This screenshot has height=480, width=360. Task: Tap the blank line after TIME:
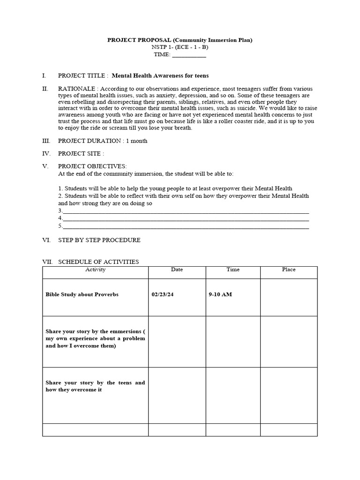pyautogui.click(x=189, y=55)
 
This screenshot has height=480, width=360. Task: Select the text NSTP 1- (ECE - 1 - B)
pyautogui.click(x=180, y=47)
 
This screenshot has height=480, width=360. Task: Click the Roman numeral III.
pyautogui.click(x=46, y=141)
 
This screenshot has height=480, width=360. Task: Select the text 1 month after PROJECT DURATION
pyautogui.click(x=136, y=141)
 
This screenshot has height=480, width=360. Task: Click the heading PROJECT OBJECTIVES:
pyautogui.click(x=92, y=166)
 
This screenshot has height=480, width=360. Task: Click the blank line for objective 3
pyautogui.click(x=186, y=211)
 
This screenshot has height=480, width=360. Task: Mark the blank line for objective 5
pyautogui.click(x=186, y=226)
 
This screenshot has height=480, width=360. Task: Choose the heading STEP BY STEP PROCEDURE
pyautogui.click(x=99, y=240)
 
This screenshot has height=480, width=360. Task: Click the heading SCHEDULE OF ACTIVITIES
pyautogui.click(x=98, y=262)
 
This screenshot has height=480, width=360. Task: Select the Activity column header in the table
pyautogui.click(x=95, y=270)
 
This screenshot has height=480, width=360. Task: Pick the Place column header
pyautogui.click(x=289, y=270)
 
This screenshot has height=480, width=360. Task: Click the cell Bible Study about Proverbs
pyautogui.click(x=82, y=294)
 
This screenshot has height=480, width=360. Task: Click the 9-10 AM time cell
pyautogui.click(x=220, y=294)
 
